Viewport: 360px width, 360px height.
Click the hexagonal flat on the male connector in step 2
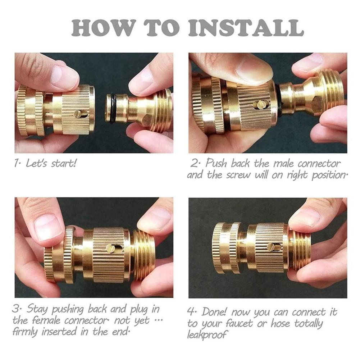tap(316, 104)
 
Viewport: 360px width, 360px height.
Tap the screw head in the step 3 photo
tap(110, 249)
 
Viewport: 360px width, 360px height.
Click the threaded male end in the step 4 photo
tap(300, 248)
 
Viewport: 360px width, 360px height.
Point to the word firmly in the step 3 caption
tap(26, 332)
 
